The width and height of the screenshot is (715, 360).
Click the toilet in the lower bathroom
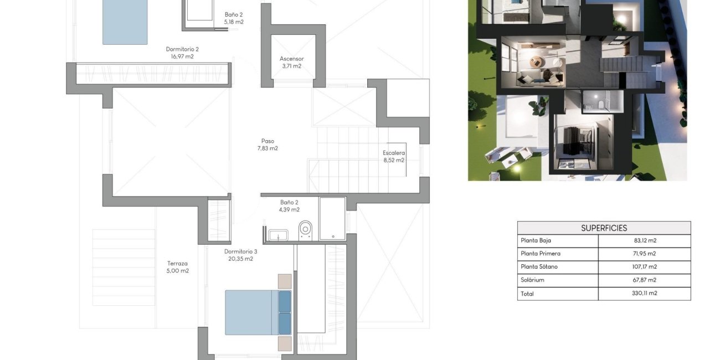click(305, 229)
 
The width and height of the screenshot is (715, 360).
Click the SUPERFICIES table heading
click(604, 228)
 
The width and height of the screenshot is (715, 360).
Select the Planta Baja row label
click(536, 241)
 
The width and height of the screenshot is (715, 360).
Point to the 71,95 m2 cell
click(644, 254)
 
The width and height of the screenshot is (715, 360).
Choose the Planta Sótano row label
click(539, 267)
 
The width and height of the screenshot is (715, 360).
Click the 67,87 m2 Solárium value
click(644, 280)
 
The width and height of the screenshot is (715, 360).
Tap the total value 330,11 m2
click(644, 294)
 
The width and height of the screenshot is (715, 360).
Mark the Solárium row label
click(532, 280)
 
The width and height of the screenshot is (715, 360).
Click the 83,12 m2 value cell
click(644, 241)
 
